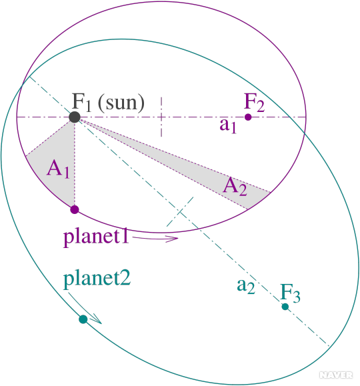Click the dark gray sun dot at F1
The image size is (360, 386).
(75, 117)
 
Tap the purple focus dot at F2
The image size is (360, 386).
(248, 117)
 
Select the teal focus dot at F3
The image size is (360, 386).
(285, 307)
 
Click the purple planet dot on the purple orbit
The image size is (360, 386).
(75, 209)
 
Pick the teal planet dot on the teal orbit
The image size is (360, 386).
(83, 319)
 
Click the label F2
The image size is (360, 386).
(254, 103)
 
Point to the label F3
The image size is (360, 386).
(290, 293)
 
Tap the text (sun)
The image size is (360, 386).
(121, 103)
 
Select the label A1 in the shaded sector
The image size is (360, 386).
(58, 169)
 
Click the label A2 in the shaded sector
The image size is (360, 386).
(235, 186)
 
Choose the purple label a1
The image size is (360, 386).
(228, 125)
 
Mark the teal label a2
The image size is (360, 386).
(246, 286)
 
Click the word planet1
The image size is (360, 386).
(96, 237)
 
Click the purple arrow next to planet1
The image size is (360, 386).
(155, 238)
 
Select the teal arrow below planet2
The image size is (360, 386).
(85, 308)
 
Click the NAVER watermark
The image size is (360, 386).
(336, 375)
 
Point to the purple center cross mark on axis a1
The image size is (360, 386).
(161, 117)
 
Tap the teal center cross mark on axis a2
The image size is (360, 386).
(180, 212)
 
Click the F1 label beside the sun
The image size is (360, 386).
(81, 101)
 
